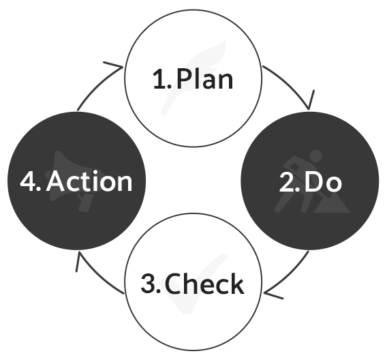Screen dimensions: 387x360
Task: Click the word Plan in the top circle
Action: tap(205, 79)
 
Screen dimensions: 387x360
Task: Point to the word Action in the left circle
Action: tap(89, 181)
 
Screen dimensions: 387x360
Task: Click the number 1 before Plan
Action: tap(159, 79)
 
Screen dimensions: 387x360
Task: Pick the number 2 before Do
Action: tap(286, 182)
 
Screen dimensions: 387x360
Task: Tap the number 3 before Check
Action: tap(148, 283)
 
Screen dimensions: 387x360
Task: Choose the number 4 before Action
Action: tap(28, 181)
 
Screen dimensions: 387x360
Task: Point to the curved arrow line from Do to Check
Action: tap(290, 275)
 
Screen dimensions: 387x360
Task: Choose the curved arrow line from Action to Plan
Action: tap(97, 86)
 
